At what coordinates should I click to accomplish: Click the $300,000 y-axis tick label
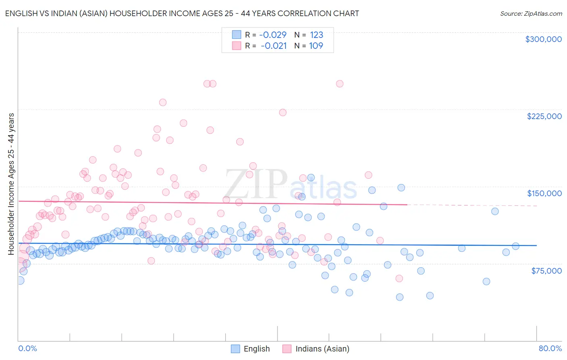[x=543, y=39]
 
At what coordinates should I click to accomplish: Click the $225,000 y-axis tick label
[x=544, y=116]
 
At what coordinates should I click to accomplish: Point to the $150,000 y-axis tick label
[x=544, y=193]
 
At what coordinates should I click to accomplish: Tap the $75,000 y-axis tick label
[x=546, y=271]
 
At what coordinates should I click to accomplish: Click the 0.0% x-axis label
[x=27, y=348]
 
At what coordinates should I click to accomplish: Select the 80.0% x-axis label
[x=550, y=348]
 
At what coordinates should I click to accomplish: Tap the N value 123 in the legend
[x=317, y=35]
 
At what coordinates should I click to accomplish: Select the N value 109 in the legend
[x=316, y=46]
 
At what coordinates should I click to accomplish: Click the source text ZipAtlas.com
[x=531, y=13]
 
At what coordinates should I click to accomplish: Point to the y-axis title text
[x=11, y=184]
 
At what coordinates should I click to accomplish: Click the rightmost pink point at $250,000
[x=340, y=84]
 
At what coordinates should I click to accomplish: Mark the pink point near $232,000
[x=163, y=103]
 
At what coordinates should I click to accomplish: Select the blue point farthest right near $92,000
[x=515, y=246]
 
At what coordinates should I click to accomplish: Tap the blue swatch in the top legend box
[x=236, y=35]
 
